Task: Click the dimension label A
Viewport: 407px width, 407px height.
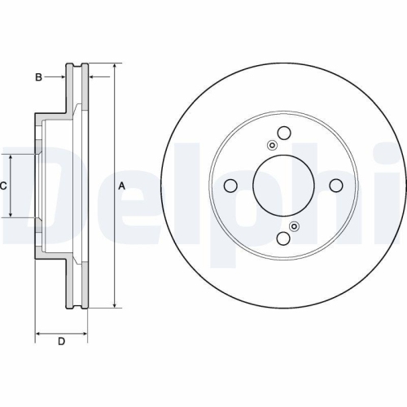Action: (x=122, y=186)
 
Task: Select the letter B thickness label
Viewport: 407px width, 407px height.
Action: (x=37, y=77)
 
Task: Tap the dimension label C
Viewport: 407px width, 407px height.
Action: (x=3, y=186)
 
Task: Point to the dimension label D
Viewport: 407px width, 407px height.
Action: (x=60, y=342)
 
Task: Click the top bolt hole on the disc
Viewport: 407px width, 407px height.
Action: (x=283, y=133)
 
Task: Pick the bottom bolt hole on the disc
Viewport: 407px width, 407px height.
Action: (x=283, y=238)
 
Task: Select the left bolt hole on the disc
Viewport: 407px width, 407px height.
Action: (x=230, y=186)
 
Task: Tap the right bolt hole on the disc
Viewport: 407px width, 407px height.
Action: (x=335, y=186)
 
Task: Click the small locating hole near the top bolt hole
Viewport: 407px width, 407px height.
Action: (x=272, y=146)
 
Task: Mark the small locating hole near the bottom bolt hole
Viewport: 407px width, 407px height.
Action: (x=295, y=226)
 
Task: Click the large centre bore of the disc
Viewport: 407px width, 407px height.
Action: (x=283, y=186)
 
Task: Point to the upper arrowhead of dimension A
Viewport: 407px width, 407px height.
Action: (x=115, y=65)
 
